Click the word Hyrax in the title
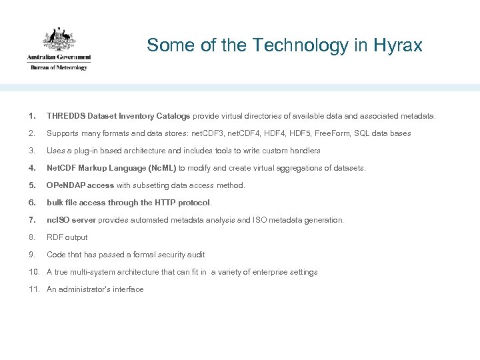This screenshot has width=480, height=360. pos(399,45)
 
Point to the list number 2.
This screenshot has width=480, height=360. pos(33,133)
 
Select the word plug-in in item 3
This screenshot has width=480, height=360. pos(89,151)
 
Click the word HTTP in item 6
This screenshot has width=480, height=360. pos(165,203)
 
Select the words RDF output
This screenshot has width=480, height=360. pos(67,237)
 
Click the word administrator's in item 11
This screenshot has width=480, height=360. pos(85,289)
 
